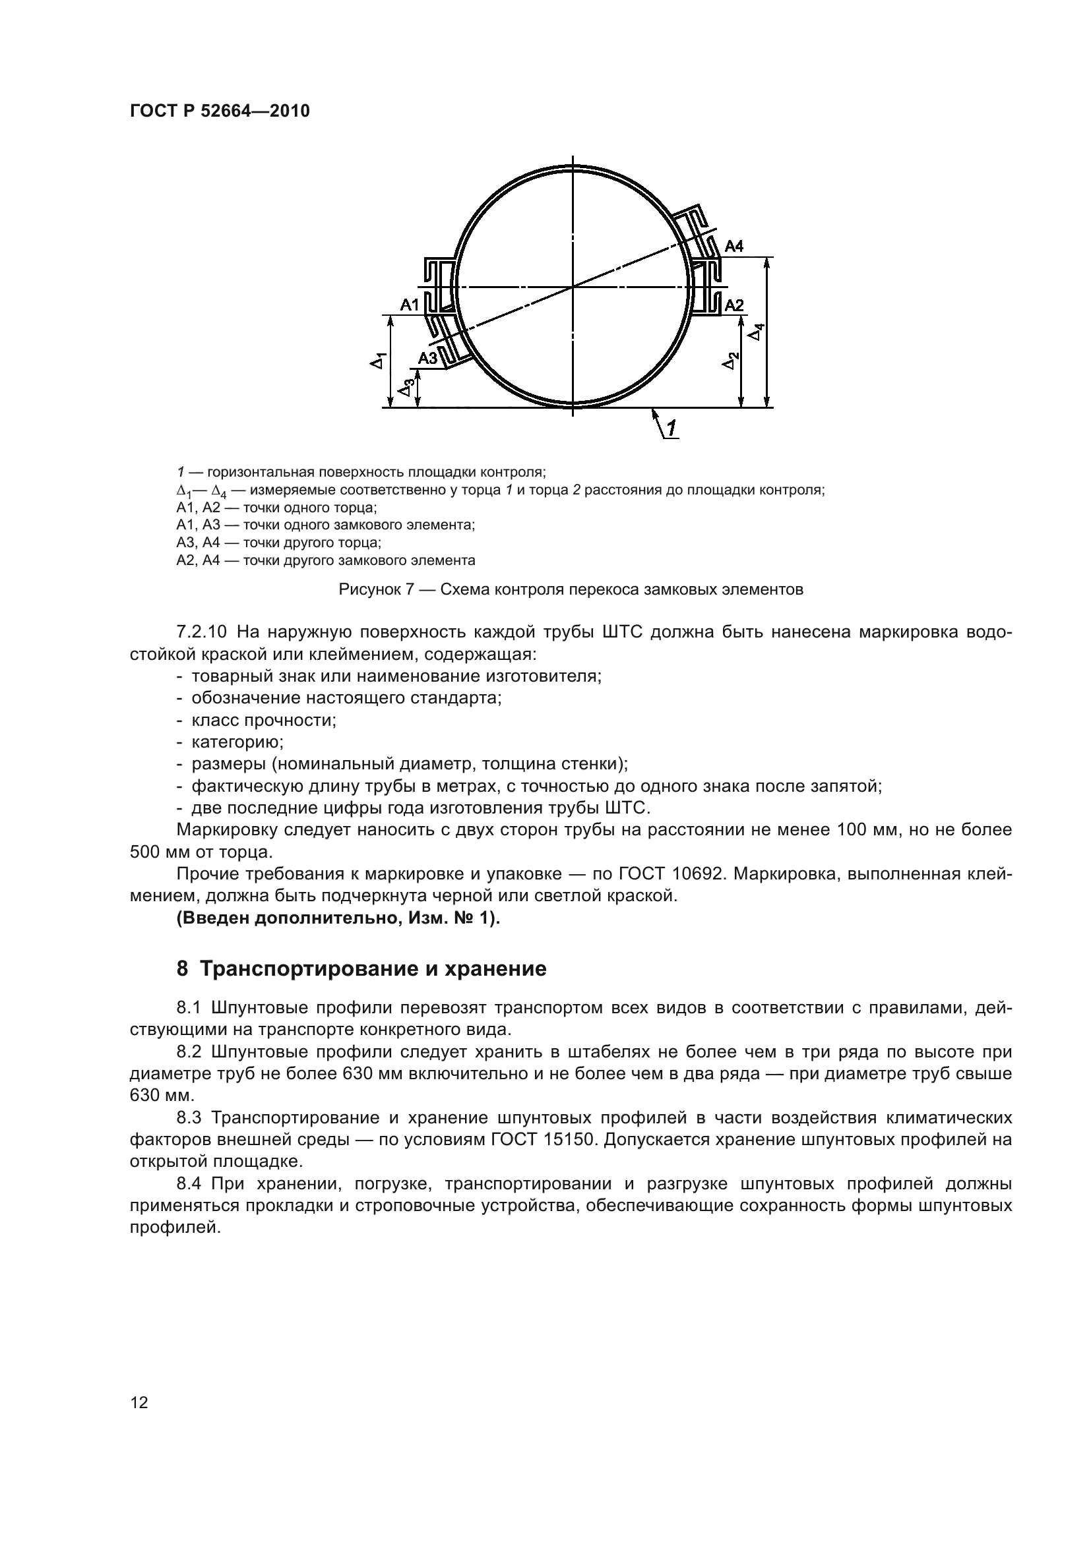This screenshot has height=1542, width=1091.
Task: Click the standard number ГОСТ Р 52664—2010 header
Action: pyautogui.click(x=220, y=111)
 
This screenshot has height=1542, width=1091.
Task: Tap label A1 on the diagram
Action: pyautogui.click(x=409, y=305)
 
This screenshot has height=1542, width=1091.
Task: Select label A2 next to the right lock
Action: pyautogui.click(x=734, y=305)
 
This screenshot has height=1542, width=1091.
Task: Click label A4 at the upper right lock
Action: pyautogui.click(x=734, y=247)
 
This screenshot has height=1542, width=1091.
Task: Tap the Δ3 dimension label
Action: pyautogui.click(x=406, y=388)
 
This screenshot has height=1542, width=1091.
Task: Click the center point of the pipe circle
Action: pyautogui.click(x=573, y=287)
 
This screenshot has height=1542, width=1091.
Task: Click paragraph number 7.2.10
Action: pyautogui.click(x=202, y=632)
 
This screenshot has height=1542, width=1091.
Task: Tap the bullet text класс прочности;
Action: pyautogui.click(x=264, y=720)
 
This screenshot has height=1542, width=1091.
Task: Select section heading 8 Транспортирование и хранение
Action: pyautogui.click(x=361, y=969)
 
